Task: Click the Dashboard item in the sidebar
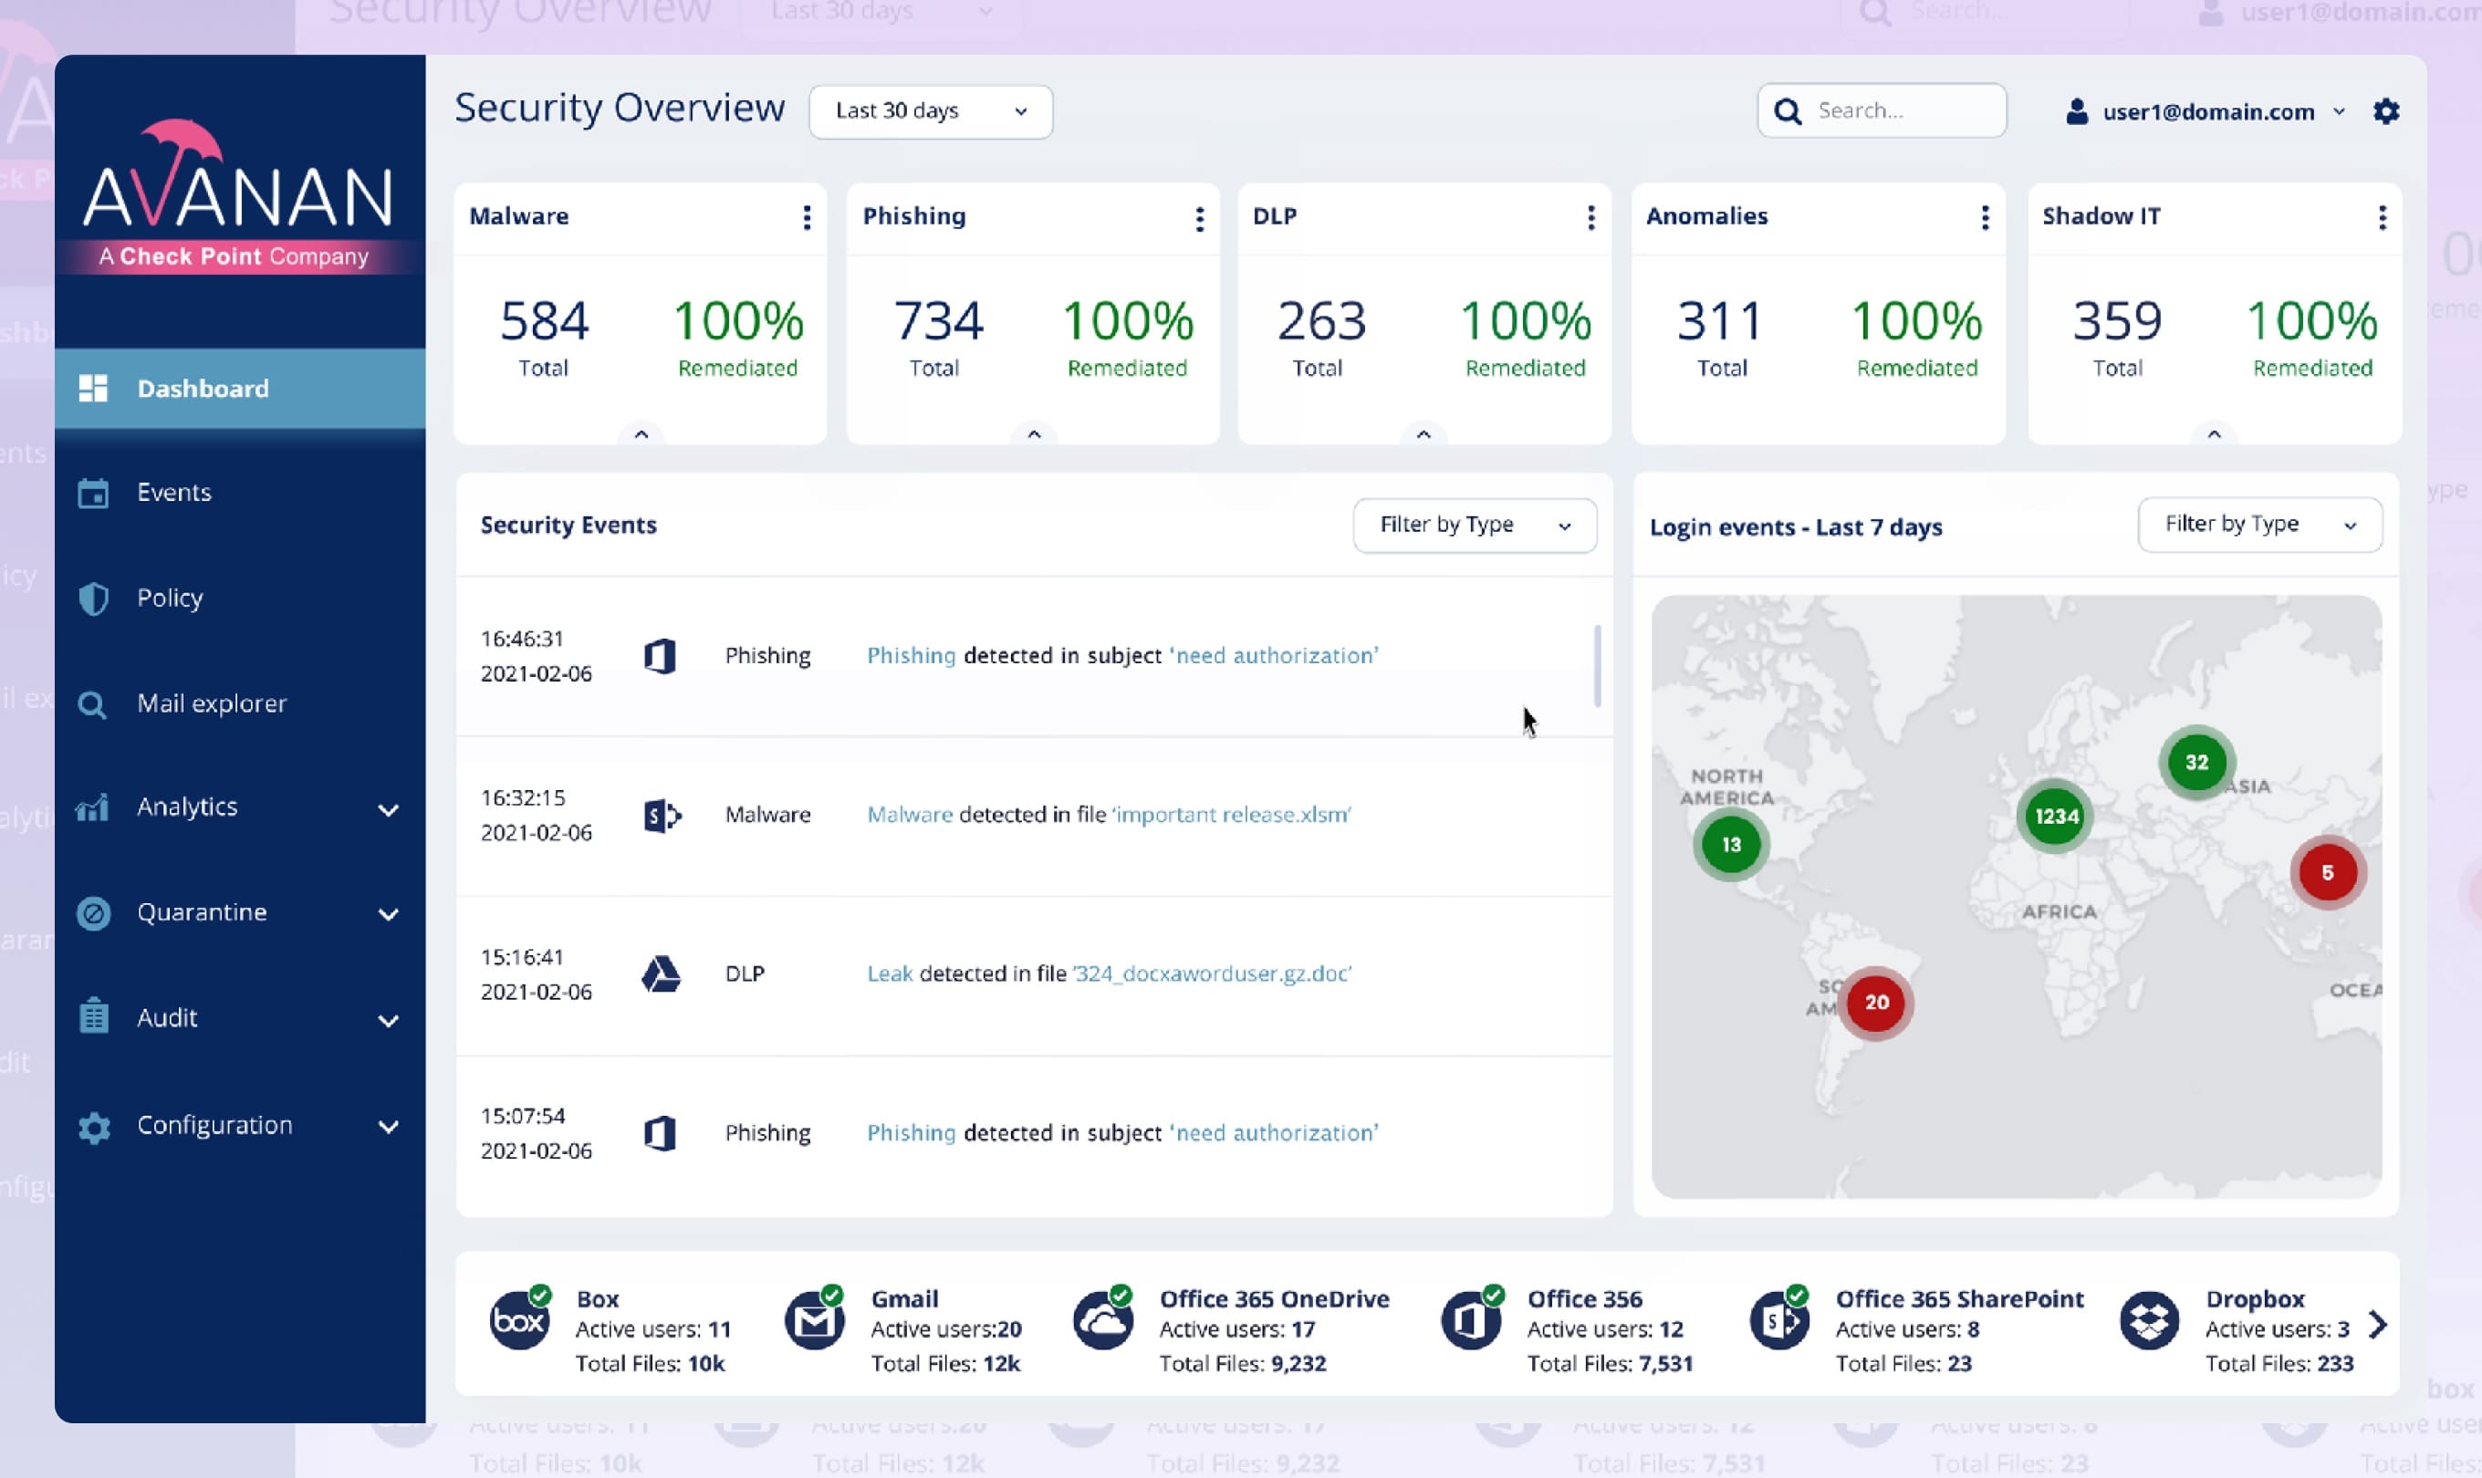(x=203, y=389)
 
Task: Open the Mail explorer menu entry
(x=211, y=703)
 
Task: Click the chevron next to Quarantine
(x=389, y=913)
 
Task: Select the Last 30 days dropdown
(x=930, y=110)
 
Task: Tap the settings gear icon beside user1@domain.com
(x=2385, y=110)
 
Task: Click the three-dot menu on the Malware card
(x=807, y=217)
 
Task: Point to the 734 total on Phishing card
(x=937, y=321)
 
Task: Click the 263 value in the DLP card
(x=1320, y=321)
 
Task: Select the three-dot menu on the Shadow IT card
(x=2382, y=217)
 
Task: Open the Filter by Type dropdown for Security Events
(x=1474, y=525)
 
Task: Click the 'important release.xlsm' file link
(x=1231, y=815)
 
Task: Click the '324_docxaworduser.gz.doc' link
(x=1211, y=973)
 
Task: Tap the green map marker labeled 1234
(x=2056, y=817)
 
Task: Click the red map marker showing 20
(x=1875, y=1002)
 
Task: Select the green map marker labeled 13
(x=1731, y=845)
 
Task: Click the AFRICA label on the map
(x=2059, y=911)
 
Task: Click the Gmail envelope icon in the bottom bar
(x=814, y=1322)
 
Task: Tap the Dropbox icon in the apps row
(x=2148, y=1322)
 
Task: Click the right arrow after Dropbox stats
(x=2377, y=1325)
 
